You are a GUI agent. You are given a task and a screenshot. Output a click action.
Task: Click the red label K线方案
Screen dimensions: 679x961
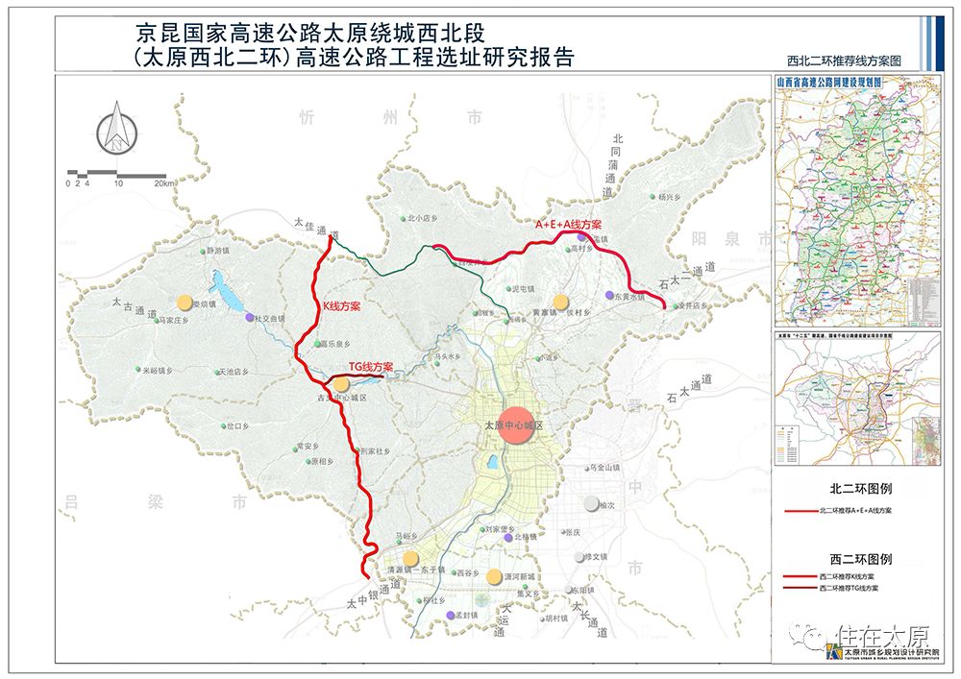pos(341,305)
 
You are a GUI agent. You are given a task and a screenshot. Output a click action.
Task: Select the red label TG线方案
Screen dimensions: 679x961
pos(372,367)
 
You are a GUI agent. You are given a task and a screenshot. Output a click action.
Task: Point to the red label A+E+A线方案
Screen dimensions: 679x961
pos(567,225)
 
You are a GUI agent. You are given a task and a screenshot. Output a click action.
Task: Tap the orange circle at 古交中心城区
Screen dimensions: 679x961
pos(341,385)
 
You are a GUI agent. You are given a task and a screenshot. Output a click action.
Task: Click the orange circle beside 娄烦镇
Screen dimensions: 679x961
pos(184,303)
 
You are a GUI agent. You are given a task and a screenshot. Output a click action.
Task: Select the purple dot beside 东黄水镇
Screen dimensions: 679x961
pos(608,296)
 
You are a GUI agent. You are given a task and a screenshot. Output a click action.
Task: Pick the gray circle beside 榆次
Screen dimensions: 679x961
pos(590,503)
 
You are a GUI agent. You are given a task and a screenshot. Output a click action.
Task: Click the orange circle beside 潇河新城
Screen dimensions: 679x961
pos(494,576)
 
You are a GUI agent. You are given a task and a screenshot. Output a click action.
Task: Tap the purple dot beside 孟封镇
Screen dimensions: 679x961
pos(450,615)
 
